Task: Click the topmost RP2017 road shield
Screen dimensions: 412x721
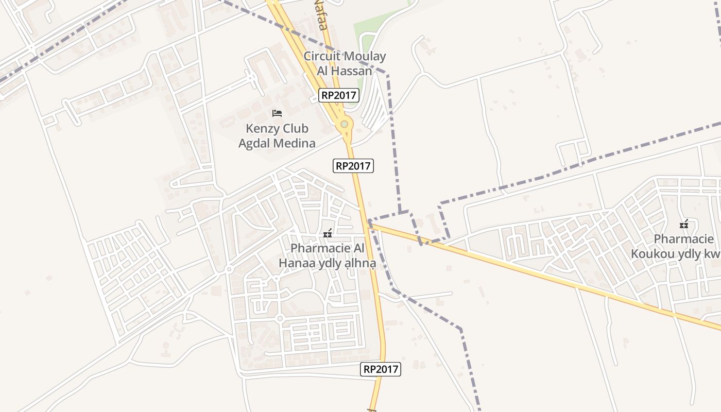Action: [338, 95]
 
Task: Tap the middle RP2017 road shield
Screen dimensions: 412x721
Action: [353, 166]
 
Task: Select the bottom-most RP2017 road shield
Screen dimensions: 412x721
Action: [381, 369]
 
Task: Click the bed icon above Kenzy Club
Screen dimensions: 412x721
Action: [277, 113]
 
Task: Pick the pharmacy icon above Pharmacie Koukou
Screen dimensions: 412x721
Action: [684, 225]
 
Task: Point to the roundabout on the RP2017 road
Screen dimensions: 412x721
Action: [344, 124]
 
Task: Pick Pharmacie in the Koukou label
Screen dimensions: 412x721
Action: [684, 239]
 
